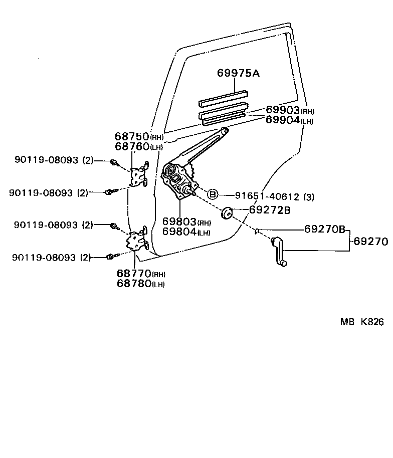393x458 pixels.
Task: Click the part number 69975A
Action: tap(238, 73)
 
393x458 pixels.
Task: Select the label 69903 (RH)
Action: tap(289, 110)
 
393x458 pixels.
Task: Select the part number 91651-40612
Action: tap(267, 196)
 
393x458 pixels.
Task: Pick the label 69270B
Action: tap(324, 230)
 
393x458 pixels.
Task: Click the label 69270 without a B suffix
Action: tap(370, 242)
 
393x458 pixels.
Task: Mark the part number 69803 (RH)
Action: tap(186, 222)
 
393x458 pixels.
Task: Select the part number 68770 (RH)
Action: tap(140, 274)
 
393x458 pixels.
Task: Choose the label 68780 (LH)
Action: tap(140, 284)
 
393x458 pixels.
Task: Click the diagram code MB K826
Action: tap(362, 322)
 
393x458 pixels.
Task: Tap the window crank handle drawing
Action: tap(278, 252)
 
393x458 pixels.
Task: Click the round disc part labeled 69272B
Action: tap(226, 213)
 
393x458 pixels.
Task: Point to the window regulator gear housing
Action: tap(178, 178)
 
